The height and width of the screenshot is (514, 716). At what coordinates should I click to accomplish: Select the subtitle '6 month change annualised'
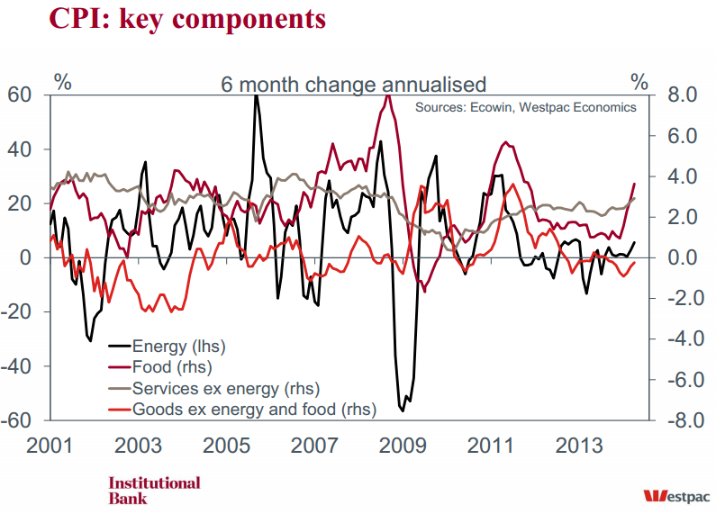click(x=354, y=85)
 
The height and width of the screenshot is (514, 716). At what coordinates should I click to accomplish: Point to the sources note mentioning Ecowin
click(x=525, y=107)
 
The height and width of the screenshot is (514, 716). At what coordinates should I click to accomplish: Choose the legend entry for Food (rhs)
click(x=169, y=367)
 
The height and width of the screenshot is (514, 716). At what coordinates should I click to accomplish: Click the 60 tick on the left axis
click(x=20, y=95)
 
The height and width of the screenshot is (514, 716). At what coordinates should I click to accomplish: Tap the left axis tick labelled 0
click(x=27, y=258)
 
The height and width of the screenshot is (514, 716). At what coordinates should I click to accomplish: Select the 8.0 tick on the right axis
click(x=680, y=95)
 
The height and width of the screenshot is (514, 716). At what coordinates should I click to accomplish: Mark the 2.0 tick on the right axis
click(x=680, y=218)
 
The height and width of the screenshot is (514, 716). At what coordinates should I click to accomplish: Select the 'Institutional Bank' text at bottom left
click(x=154, y=490)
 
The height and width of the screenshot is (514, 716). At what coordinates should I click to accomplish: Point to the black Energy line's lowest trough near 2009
click(x=402, y=410)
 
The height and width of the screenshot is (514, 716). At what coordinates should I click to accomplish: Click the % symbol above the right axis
click(x=639, y=83)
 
